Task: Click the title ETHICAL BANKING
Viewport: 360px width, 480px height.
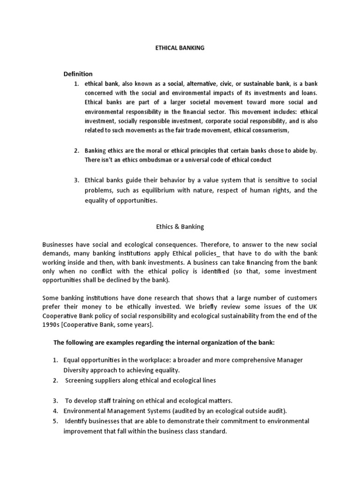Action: [180, 48]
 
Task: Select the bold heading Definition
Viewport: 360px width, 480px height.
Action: [78, 74]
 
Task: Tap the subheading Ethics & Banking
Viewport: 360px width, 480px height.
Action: [180, 227]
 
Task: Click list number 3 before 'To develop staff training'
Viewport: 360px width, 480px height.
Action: [55, 401]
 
